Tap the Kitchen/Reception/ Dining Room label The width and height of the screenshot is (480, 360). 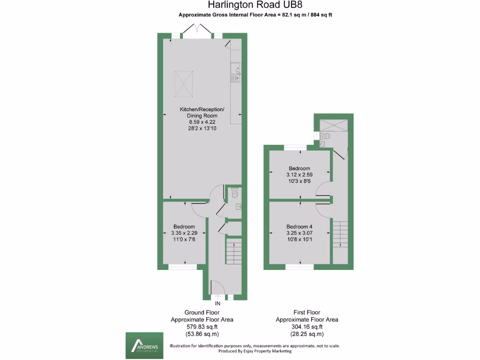202,112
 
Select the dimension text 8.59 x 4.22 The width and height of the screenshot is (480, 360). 202,122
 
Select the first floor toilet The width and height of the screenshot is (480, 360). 327,136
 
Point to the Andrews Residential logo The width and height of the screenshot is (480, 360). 144,346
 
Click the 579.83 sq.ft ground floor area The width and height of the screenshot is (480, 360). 202,327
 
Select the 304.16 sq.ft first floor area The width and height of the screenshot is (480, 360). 307,327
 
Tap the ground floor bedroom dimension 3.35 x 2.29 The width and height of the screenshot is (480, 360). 184,233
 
